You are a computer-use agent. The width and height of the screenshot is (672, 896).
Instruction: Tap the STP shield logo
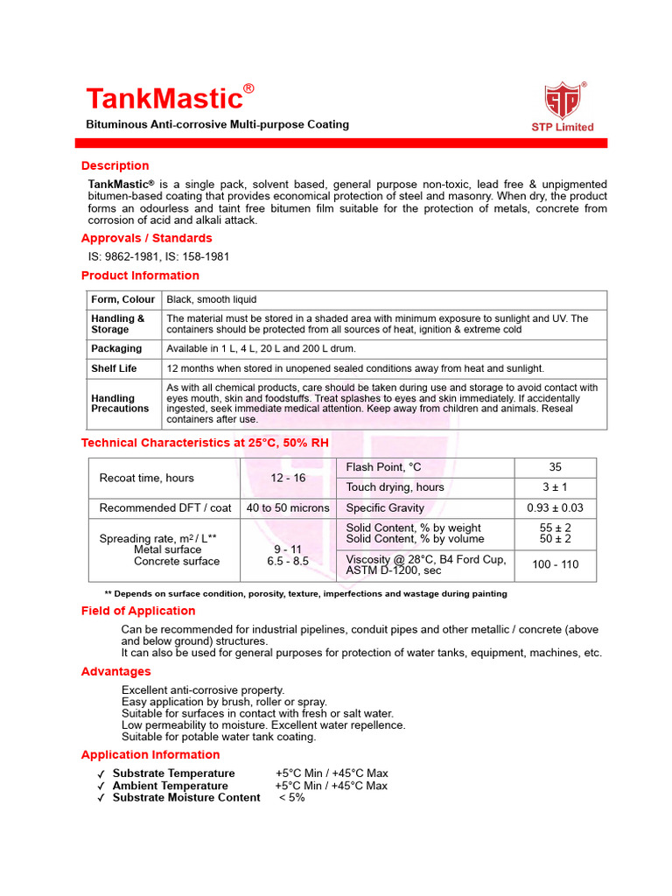coord(562,101)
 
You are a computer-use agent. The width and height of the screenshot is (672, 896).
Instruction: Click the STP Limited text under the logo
coord(562,127)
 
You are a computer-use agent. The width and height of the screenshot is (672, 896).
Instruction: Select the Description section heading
coord(115,165)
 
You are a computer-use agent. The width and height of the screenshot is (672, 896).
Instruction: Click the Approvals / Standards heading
coord(146,238)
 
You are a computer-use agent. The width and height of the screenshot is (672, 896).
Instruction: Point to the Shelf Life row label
coord(114,368)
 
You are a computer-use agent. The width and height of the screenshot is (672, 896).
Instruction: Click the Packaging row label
coord(116,348)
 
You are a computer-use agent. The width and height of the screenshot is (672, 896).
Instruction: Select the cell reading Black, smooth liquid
coord(212,299)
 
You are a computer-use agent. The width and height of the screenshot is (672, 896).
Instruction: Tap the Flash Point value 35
coord(555,467)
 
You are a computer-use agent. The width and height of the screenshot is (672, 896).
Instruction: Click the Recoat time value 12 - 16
coord(288,478)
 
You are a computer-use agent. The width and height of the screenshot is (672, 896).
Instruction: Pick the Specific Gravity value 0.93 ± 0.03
coord(555,507)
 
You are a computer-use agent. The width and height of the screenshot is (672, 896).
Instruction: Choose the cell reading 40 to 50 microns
coord(288,507)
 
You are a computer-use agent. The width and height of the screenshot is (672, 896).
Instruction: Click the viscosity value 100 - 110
coord(555,564)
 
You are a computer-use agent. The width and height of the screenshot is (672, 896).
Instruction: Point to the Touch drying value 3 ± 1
coord(555,487)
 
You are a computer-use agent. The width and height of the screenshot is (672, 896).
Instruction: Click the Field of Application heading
coord(138,611)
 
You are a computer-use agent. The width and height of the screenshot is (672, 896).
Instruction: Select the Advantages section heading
coord(115,671)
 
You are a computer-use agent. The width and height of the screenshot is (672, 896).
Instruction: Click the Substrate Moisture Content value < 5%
coord(291,797)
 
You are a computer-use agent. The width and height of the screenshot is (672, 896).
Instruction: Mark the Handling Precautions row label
coord(120,403)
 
